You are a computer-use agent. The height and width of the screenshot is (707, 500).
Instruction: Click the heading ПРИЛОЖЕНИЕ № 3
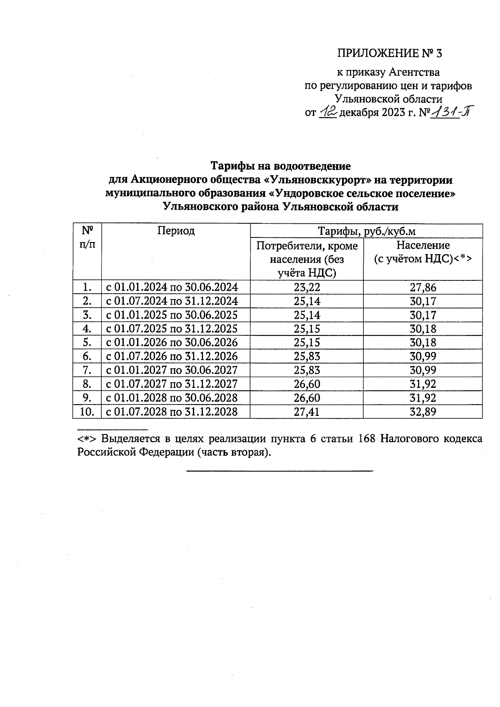pos(389,53)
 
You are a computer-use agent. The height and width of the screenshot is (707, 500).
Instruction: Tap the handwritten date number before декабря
pos(327,113)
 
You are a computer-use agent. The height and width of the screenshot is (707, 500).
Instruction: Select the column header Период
pos(176,230)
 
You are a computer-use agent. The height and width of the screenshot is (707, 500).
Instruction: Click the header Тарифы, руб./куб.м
pos(367,231)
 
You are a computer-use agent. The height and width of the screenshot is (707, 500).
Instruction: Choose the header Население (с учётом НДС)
pos(422,252)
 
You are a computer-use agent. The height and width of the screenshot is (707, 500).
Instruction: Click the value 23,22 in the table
pos(307,287)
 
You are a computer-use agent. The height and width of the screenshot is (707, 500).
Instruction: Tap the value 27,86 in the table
pos(423,287)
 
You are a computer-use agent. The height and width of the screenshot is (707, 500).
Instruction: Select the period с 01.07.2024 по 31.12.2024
pos(172,301)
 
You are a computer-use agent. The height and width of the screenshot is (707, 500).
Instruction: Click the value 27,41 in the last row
pos(307,412)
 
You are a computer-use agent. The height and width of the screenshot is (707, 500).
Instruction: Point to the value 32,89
pos(423,412)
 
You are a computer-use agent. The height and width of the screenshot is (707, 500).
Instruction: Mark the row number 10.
pos(87,412)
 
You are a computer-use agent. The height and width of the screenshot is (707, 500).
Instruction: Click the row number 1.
pos(87,287)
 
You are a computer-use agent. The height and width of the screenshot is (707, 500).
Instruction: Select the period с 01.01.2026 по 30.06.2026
pos(172,342)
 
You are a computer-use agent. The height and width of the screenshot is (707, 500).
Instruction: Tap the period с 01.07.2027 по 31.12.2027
pos(172,384)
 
